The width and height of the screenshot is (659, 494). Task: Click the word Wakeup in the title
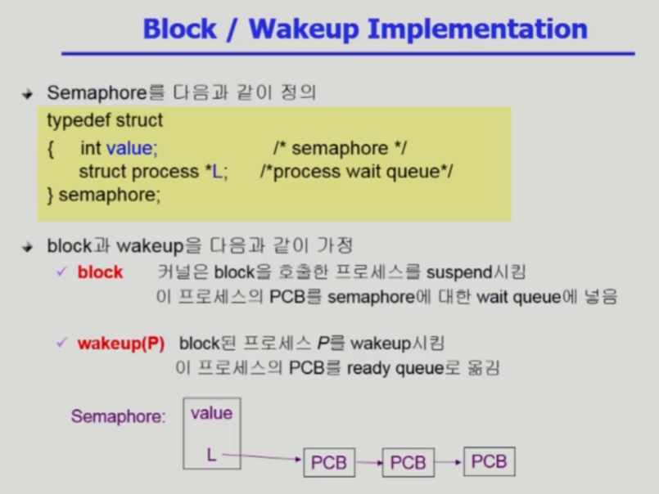(x=305, y=29)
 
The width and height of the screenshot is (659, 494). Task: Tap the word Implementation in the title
(x=477, y=29)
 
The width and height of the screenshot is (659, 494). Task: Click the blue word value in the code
(x=132, y=148)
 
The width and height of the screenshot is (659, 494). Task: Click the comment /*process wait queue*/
(x=356, y=172)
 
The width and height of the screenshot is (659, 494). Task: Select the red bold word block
(x=100, y=272)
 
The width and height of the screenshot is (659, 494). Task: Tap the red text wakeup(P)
(x=121, y=344)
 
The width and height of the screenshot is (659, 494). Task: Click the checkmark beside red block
(x=61, y=272)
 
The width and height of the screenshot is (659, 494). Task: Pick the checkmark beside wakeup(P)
(x=61, y=343)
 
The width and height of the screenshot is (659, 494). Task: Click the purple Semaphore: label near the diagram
(x=119, y=416)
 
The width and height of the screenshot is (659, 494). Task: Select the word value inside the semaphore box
(x=211, y=413)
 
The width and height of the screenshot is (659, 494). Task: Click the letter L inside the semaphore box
(x=211, y=455)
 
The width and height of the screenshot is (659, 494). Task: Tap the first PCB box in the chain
(x=329, y=462)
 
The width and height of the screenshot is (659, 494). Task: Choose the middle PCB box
(x=408, y=462)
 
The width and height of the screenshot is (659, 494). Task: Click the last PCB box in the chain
(x=490, y=461)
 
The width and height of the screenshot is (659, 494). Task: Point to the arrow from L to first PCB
(x=262, y=456)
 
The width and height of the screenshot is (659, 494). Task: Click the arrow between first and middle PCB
(x=369, y=463)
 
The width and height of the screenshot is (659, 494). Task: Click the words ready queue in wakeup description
(x=395, y=368)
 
